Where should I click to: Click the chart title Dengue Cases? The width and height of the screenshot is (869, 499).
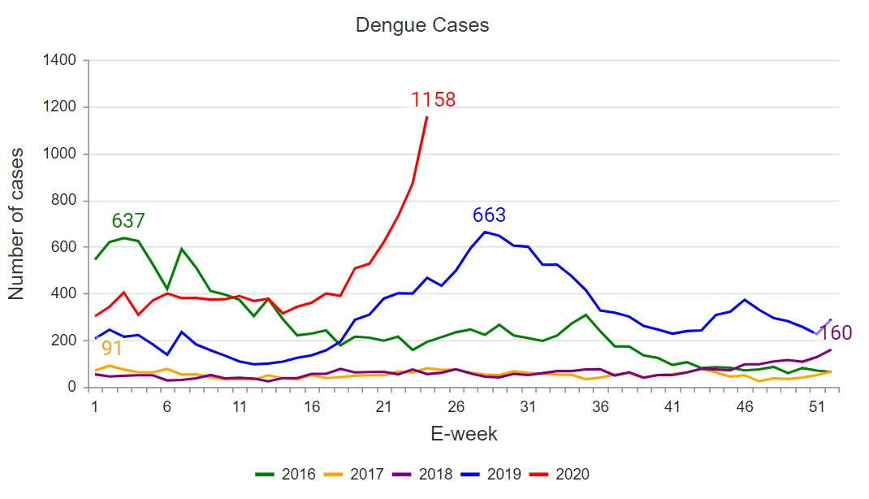tap(422, 25)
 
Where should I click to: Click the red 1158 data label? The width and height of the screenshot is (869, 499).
tap(433, 100)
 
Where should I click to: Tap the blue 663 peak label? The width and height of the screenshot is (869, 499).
tap(489, 215)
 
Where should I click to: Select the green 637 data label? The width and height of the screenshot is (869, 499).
tap(128, 220)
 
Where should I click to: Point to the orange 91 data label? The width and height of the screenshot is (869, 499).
tap(112, 349)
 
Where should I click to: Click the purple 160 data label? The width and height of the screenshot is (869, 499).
tap(835, 333)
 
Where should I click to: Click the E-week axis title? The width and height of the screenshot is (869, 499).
tap(464, 434)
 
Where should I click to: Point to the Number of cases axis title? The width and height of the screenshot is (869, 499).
tap(17, 223)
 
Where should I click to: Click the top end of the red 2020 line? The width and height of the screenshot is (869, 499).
tap(426, 118)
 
